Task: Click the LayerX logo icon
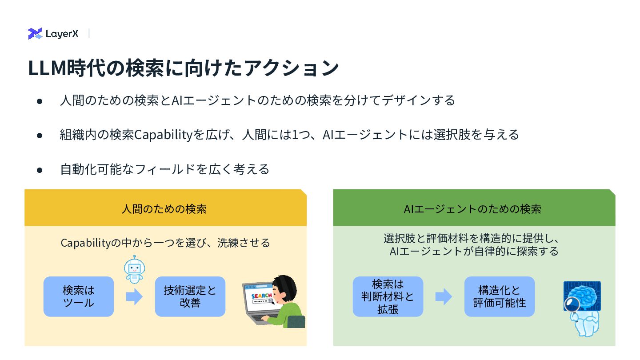35,33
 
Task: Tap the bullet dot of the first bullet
40,101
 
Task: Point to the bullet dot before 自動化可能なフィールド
40,170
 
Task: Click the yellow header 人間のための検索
165,208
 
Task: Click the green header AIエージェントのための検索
473,208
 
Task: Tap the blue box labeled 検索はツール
79,296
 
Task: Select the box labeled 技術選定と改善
190,296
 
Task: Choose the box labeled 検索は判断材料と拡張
388,296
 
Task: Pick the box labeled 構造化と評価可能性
499,296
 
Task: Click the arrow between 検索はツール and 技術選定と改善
134,296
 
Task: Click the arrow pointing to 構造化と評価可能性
443,296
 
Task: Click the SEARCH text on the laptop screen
261,296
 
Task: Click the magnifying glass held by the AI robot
572,304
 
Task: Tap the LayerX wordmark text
62,34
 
